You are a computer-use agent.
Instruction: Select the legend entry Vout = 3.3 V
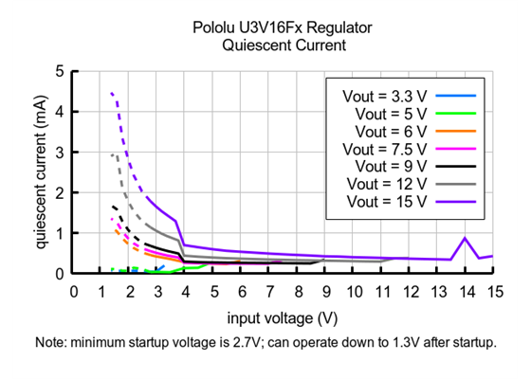click(383, 96)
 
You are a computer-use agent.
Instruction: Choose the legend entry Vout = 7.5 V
click(383, 149)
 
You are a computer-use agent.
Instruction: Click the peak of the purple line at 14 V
click(465, 238)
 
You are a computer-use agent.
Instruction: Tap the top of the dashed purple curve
click(112, 93)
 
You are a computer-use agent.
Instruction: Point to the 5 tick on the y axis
click(61, 71)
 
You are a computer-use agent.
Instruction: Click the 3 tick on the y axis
click(61, 152)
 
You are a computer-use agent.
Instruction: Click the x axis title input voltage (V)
click(283, 315)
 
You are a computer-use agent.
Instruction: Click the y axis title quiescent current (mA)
click(43, 171)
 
